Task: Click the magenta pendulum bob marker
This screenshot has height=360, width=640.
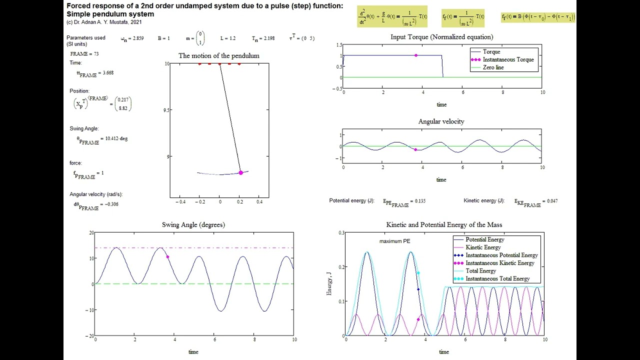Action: (x=240, y=172)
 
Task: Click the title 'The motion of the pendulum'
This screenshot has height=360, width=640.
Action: (x=219, y=55)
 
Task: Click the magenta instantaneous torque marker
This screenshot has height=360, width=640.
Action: (x=416, y=55)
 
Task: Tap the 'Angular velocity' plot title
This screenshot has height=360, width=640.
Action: (x=441, y=121)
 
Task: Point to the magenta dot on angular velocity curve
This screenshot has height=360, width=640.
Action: (x=415, y=149)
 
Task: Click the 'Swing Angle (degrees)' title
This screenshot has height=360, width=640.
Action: (x=193, y=225)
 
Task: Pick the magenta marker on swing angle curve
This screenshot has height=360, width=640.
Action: (x=168, y=257)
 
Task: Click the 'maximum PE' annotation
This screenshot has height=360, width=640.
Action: (x=394, y=241)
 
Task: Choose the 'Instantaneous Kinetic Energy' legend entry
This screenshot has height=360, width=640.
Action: (x=499, y=263)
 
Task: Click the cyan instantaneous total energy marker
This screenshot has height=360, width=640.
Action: (x=418, y=273)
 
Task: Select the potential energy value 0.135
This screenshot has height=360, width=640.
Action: (x=418, y=201)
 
